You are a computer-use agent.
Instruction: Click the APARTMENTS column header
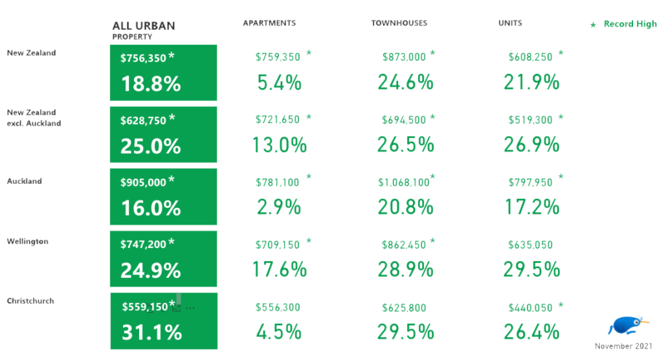269,23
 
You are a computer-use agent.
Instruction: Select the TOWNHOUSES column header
399,23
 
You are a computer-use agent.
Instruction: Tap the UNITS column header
510,23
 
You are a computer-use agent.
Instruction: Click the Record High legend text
630,24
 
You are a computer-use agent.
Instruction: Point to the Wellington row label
28,242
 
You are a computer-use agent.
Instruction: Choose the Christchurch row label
30,301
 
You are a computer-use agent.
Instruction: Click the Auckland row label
25,181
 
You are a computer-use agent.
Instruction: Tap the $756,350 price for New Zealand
143,58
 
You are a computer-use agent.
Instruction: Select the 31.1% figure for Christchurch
151,332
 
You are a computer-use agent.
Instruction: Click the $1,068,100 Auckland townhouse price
404,183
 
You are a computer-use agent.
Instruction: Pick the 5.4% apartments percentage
280,82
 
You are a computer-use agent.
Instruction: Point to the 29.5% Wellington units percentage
531,269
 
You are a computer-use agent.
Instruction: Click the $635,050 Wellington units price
530,245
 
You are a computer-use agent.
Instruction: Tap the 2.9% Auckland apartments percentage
279,207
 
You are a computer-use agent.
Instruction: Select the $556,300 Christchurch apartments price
278,308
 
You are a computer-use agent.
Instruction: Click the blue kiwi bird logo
627,326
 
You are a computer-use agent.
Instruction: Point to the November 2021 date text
623,346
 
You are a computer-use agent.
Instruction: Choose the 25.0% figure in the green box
151,146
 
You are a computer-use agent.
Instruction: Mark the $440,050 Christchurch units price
530,308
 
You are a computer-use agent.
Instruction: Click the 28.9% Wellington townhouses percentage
406,269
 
